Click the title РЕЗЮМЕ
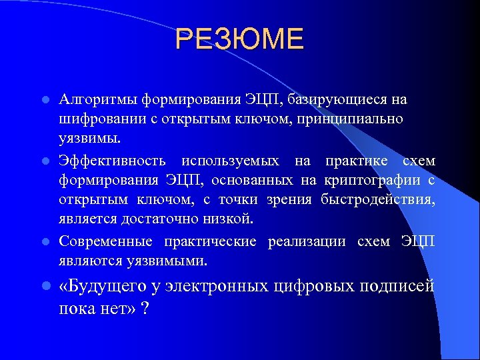(x=239, y=40)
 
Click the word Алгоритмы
(x=97, y=100)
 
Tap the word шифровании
(x=93, y=120)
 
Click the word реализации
(x=307, y=241)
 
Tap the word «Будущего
(x=97, y=287)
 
